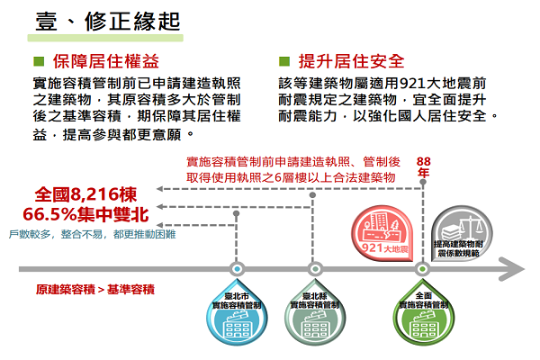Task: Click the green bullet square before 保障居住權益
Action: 37,61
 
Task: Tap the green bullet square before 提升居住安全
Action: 284,61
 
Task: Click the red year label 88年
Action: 424,166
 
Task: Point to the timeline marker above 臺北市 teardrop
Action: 237,268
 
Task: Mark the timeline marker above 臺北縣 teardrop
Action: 315,268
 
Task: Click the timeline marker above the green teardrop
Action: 420,268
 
